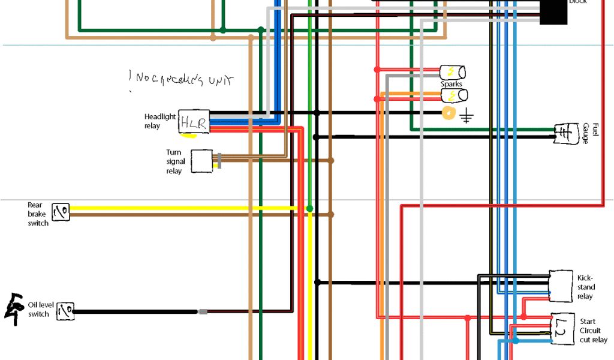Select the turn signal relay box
tap(201, 161)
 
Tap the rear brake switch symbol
tap(61, 211)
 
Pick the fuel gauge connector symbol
tap(563, 133)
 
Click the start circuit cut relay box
tap(562, 328)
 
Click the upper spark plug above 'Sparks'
tap(452, 72)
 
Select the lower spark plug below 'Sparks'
tap(454, 95)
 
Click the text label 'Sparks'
tap(452, 84)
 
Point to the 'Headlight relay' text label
tap(159, 121)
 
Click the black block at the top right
tap(553, 11)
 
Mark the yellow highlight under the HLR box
tap(189, 135)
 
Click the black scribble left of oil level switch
tap(13, 309)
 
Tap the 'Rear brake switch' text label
tap(38, 214)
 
